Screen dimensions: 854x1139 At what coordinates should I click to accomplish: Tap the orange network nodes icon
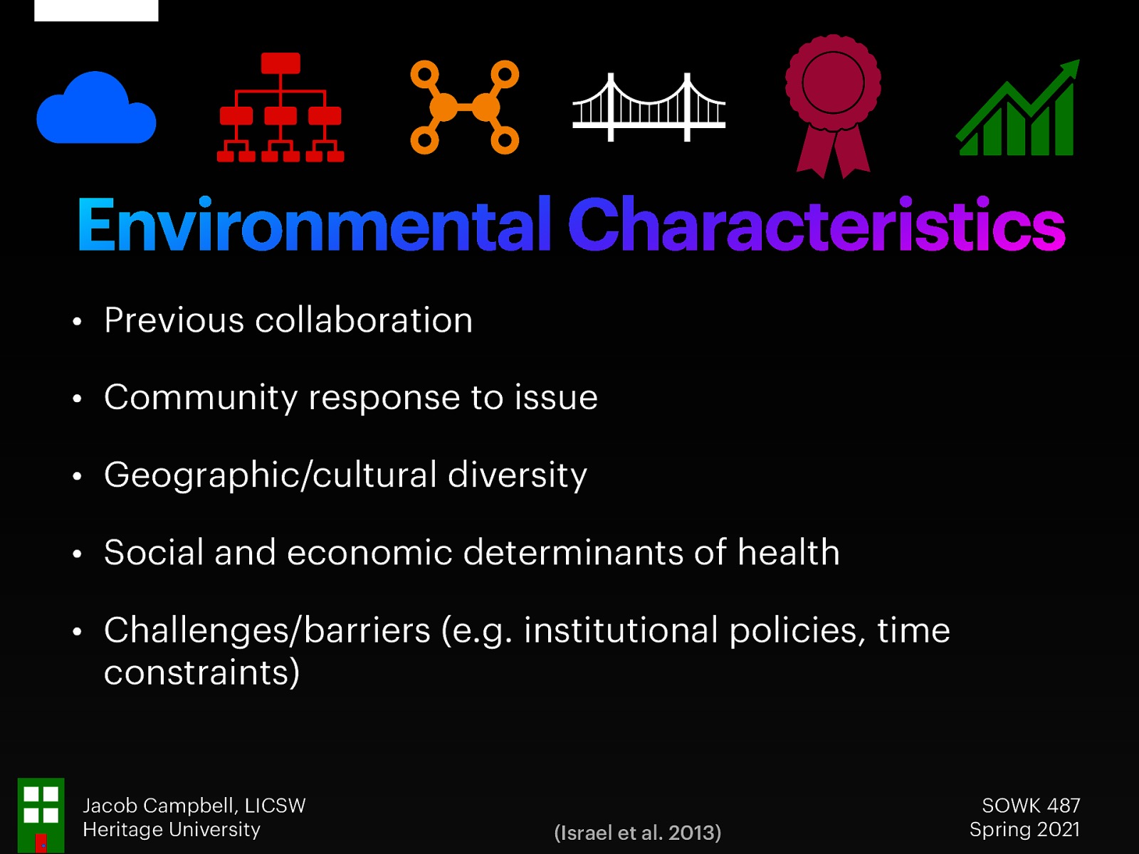pos(464,107)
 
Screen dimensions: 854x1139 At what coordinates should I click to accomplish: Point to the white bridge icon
pos(649,108)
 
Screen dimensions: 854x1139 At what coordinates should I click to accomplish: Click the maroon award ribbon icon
pos(833,103)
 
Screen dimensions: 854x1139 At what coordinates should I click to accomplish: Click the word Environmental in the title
pos(314,226)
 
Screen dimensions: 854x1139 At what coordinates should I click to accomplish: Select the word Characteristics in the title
pos(816,226)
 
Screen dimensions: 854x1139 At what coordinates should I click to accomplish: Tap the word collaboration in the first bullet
pos(364,320)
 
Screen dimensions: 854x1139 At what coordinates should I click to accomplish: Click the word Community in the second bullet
pos(201,397)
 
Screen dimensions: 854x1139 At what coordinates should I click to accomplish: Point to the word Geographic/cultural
pos(271,475)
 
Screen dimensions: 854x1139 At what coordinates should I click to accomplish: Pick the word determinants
pos(573,552)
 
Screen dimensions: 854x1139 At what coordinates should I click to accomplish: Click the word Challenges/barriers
pos(267,631)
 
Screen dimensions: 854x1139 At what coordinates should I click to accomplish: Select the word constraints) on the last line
pos(201,673)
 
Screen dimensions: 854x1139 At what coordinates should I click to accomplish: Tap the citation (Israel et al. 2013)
pos(637,833)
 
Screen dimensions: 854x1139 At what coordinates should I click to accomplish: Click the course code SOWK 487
pos(1031,806)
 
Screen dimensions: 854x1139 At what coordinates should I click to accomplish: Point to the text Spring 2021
pos(1024,830)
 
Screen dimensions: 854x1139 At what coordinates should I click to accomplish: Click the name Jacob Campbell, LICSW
pos(194,806)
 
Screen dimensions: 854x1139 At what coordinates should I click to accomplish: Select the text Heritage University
pos(172,830)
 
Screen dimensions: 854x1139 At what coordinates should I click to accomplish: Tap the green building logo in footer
pos(41,815)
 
